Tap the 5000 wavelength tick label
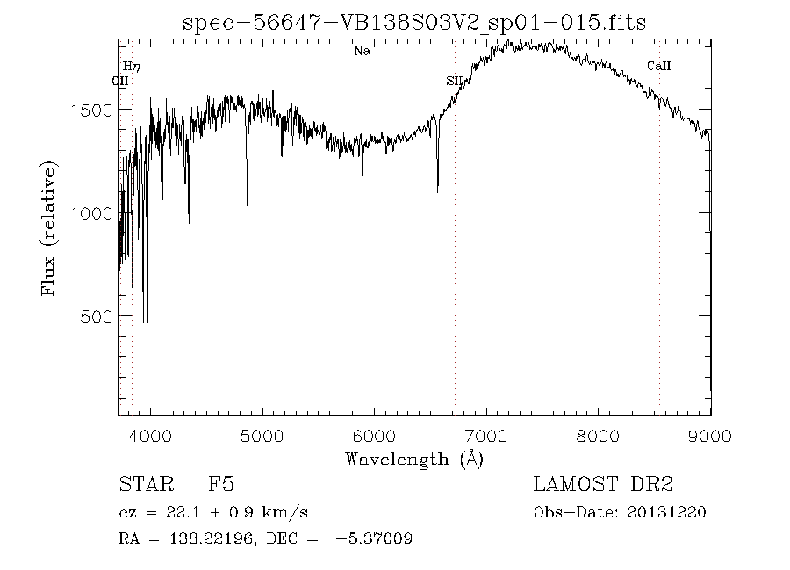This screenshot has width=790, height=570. coord(262,436)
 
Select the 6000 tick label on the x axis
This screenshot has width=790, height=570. coord(375,436)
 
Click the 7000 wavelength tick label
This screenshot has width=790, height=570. coord(487,436)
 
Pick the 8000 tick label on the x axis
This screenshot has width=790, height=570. coord(600,436)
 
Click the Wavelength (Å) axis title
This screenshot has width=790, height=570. coord(414,459)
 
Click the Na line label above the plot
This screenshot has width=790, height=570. coord(362,51)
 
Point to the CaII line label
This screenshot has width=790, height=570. coord(658,66)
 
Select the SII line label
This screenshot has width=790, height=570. coord(454,81)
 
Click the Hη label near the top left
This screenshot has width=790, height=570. coord(131,66)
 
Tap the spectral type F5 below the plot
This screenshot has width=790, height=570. coord(220,485)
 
